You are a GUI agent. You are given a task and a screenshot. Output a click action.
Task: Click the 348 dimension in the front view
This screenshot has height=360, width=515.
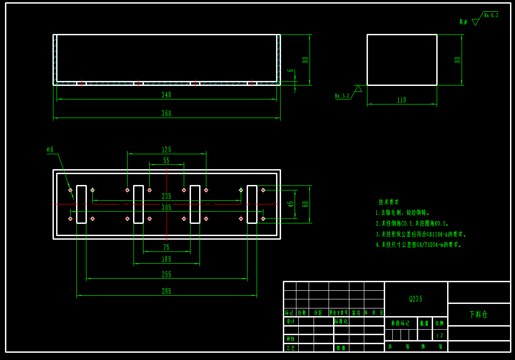click(x=167, y=95)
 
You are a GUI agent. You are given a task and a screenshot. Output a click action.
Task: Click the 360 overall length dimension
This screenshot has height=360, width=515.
click(x=167, y=114)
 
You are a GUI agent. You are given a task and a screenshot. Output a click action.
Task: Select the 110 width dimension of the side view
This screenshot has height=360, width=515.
click(x=401, y=100)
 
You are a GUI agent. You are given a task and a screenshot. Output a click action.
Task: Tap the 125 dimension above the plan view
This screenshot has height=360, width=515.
click(x=167, y=150)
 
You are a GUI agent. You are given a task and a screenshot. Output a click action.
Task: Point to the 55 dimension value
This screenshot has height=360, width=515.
click(x=167, y=161)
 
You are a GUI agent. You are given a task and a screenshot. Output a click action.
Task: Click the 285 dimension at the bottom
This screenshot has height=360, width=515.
click(x=167, y=291)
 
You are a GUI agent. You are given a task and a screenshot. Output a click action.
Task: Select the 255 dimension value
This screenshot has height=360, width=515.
click(x=167, y=275)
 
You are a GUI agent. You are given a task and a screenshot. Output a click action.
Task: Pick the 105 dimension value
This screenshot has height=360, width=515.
click(x=167, y=259)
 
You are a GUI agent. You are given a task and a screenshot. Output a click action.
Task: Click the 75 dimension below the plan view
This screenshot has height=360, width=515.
click(x=167, y=247)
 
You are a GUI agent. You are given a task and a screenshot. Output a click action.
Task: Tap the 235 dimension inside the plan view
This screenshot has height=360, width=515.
click(x=167, y=196)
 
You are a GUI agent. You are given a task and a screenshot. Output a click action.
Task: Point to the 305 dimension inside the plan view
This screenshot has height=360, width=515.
click(x=167, y=207)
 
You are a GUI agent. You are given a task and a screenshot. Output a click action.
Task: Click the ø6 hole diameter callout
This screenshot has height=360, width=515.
click(x=50, y=149)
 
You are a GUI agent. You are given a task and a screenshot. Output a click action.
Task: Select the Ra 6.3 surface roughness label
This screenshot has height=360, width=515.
click(x=491, y=15)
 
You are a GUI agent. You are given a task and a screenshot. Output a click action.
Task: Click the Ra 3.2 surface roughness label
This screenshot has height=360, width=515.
click(x=342, y=96)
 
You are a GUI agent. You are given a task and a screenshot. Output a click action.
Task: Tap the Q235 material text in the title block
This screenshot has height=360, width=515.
click(x=416, y=299)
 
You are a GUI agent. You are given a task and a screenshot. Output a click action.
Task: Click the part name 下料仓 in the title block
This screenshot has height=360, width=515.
click(x=478, y=314)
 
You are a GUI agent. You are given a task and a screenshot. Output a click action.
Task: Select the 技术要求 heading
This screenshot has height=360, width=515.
click(x=389, y=202)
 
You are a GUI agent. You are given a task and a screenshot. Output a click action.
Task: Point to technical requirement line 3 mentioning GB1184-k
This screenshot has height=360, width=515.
click(x=421, y=234)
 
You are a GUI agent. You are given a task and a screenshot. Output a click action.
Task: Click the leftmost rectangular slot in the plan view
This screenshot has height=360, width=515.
click(x=81, y=204)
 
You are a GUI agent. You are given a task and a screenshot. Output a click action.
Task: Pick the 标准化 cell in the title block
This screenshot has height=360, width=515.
click(x=341, y=321)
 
